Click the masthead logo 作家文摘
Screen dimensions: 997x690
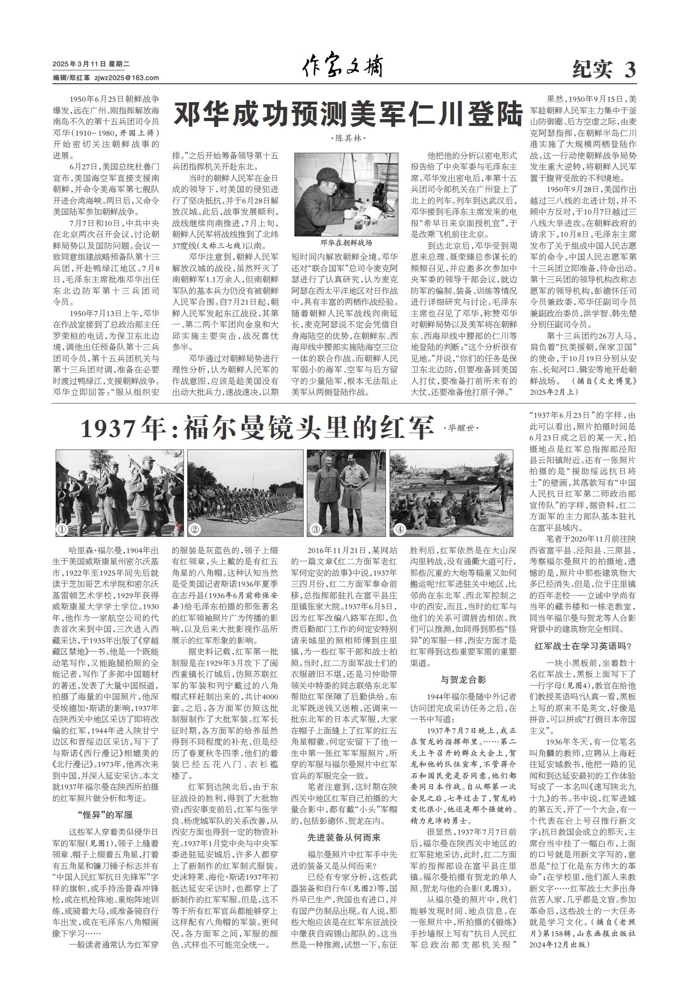pyautogui.click(x=342, y=68)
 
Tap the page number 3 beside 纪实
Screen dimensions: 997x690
pyautogui.click(x=630, y=70)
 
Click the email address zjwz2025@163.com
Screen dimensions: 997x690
pyautogui.click(x=126, y=78)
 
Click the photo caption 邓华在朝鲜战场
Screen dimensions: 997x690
pyautogui.click(x=346, y=243)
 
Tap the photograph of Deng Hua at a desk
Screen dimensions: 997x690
pyautogui.click(x=346, y=194)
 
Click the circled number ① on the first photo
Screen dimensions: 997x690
pyautogui.click(x=62, y=530)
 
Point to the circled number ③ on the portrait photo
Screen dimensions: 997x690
pyautogui.click(x=315, y=530)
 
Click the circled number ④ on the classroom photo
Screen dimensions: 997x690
pyautogui.click(x=399, y=530)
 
